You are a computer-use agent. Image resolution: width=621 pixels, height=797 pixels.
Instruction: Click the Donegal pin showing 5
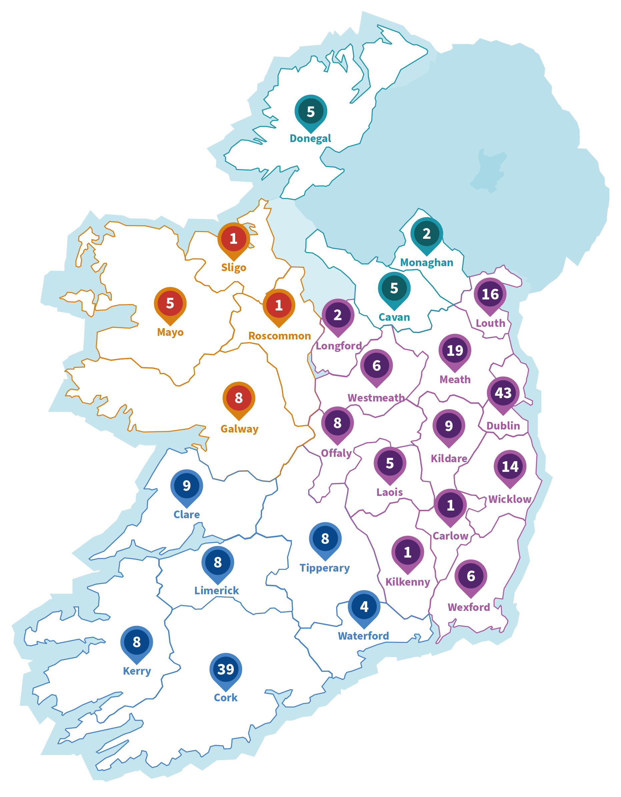pos(310,112)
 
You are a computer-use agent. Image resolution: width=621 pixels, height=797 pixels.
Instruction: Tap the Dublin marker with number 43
pos(503,393)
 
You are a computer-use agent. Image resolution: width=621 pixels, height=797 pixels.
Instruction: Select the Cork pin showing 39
pos(225,670)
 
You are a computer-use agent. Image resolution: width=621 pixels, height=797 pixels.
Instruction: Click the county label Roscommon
pos(279,336)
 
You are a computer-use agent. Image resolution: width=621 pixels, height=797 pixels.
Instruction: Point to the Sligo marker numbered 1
pos(233,239)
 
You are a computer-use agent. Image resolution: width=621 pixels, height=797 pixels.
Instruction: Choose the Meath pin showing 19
pos(455,351)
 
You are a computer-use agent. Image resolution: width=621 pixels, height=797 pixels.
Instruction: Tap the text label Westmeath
pos(376,398)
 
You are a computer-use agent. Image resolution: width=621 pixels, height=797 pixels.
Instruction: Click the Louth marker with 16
pos(490,294)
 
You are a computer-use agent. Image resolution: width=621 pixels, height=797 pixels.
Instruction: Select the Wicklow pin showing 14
pos(510,467)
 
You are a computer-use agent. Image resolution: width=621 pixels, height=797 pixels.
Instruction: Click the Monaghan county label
pos(427,263)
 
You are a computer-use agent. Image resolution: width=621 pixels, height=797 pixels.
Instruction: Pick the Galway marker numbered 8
pos(238,398)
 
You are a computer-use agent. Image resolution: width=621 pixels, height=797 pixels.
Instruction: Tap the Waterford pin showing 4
pos(364,607)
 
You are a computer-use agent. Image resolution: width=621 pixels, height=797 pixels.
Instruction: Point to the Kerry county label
pos(137,671)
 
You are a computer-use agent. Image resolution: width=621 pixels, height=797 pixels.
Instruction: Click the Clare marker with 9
pos(186,486)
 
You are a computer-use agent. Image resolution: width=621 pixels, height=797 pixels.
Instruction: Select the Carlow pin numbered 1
pos(450,506)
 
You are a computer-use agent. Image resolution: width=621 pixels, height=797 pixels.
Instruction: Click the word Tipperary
pos(325,568)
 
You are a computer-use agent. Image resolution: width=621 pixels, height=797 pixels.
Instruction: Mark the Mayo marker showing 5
pos(170,303)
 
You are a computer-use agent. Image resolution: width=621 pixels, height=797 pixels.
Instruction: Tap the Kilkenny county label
pos(408,582)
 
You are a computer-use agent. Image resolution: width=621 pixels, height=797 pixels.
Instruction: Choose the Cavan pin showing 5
pos(394,288)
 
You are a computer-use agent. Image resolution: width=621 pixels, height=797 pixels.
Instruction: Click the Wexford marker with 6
pos(471,576)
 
